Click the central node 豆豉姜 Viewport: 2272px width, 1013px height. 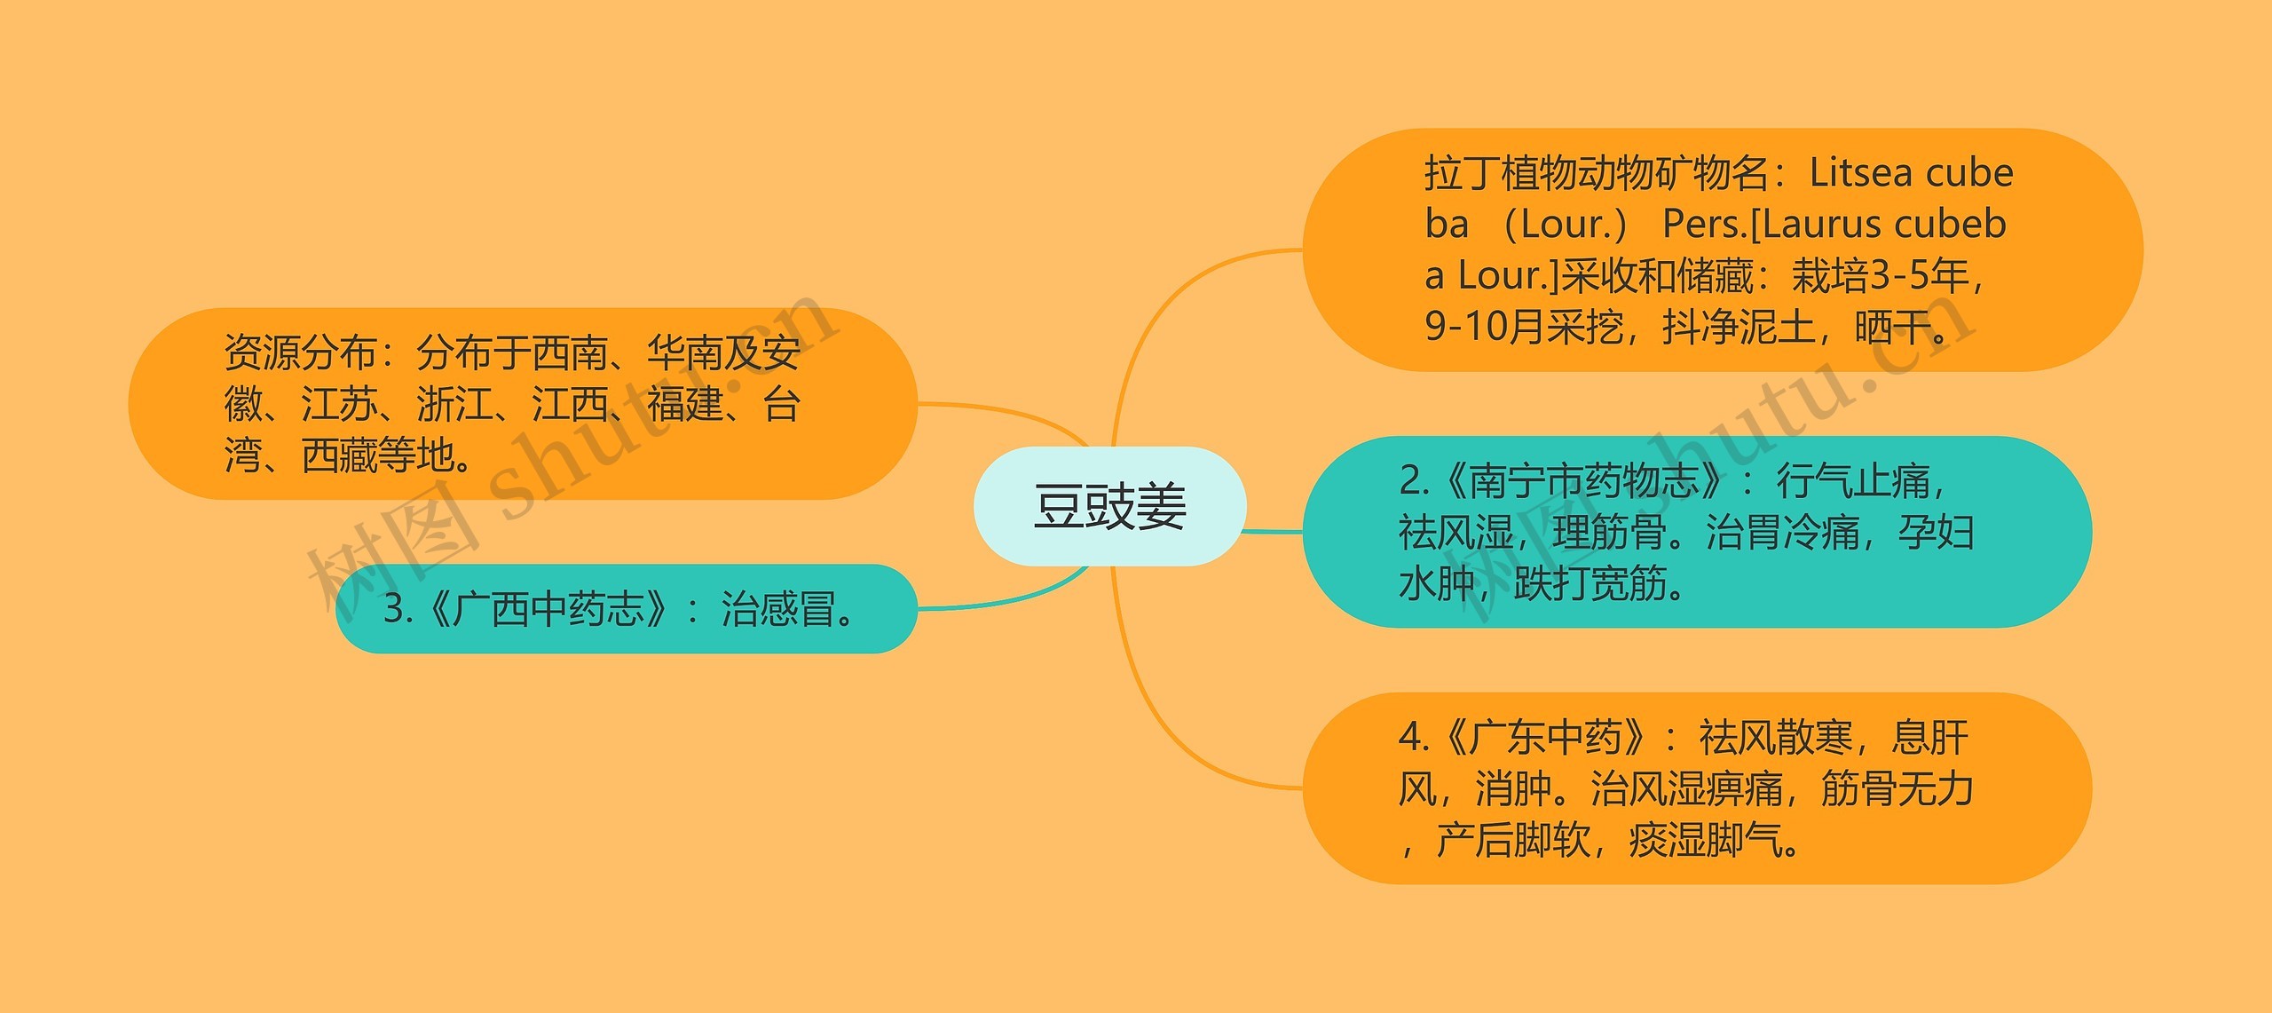point(1109,507)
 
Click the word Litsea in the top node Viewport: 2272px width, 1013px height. point(1860,172)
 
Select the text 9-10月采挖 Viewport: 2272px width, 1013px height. point(1524,327)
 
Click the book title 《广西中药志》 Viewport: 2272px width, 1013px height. point(547,609)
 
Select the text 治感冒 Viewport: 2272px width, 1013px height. point(777,609)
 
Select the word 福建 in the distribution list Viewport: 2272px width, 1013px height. point(685,404)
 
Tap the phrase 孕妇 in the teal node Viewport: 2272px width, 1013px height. point(1936,533)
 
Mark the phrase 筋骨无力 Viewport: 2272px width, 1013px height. point(1897,788)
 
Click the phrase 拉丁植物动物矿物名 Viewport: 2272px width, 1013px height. point(1597,172)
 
